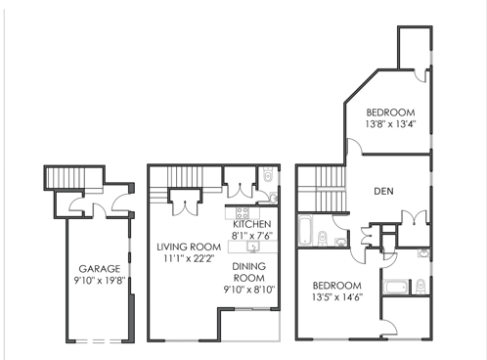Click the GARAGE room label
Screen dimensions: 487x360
click(x=100, y=269)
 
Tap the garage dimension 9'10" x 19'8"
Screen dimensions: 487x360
click(x=100, y=281)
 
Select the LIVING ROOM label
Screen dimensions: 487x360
click(x=189, y=247)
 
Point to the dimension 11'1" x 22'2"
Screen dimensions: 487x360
click(x=189, y=258)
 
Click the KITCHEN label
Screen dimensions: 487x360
click(x=252, y=224)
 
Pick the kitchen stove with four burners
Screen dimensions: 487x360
click(x=243, y=213)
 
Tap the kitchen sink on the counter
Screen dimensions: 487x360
click(x=253, y=247)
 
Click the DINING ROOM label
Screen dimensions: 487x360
click(x=249, y=272)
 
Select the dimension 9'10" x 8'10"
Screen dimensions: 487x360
click(x=249, y=290)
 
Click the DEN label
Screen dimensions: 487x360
click(x=383, y=191)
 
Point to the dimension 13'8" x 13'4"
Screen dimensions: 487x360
click(x=391, y=124)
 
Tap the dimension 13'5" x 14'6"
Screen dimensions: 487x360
click(x=337, y=297)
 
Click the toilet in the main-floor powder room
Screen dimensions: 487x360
click(x=268, y=174)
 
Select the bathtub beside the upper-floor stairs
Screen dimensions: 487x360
click(x=305, y=230)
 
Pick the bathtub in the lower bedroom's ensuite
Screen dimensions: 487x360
click(x=396, y=287)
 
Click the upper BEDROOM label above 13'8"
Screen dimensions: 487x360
click(x=390, y=112)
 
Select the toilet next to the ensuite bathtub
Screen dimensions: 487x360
click(x=421, y=287)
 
